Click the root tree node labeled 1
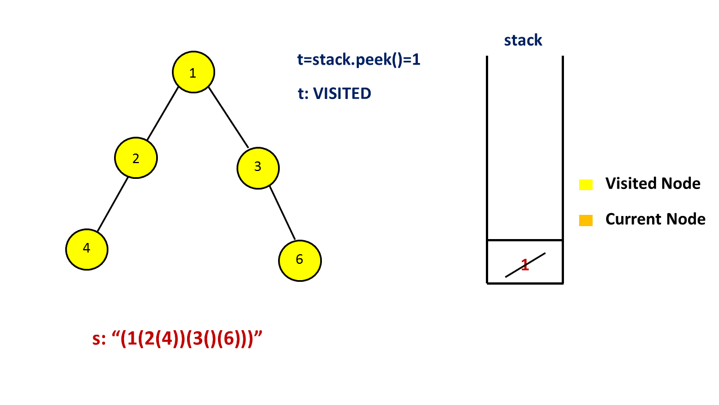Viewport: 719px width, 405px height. [x=193, y=73]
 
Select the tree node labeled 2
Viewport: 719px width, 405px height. [x=136, y=158]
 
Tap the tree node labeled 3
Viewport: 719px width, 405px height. [x=258, y=167]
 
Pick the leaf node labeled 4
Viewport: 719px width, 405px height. [x=87, y=249]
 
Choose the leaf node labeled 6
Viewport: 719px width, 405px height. [x=299, y=259]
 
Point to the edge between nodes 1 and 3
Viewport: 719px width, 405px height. [x=228, y=117]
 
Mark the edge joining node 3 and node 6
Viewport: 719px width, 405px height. [x=282, y=212]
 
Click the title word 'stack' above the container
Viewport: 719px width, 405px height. [x=523, y=40]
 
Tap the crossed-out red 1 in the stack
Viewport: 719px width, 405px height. [x=525, y=265]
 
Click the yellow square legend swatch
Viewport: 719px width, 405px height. [x=586, y=184]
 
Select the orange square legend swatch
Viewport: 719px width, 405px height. [x=586, y=220]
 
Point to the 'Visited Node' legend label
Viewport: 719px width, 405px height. [x=653, y=183]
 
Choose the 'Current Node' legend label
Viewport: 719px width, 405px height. [x=655, y=219]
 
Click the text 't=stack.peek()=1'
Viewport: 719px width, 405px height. [x=358, y=60]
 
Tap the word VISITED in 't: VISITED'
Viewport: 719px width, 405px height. [x=342, y=93]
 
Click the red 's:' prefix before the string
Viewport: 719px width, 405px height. [x=99, y=339]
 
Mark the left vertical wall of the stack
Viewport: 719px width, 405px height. [x=487, y=169]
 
